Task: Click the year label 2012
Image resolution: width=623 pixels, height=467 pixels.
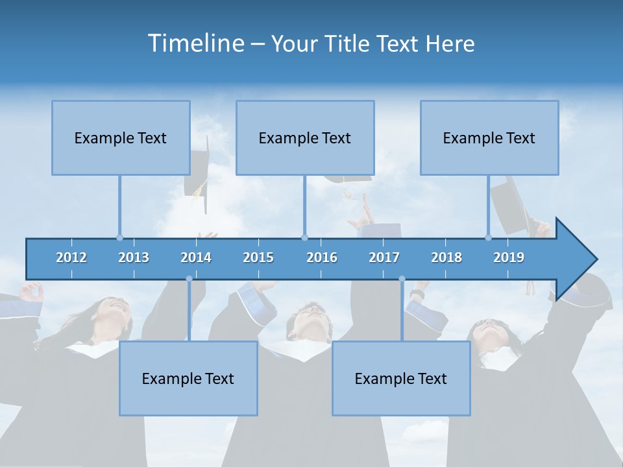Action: [71, 257]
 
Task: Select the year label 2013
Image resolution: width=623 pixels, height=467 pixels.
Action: [134, 257]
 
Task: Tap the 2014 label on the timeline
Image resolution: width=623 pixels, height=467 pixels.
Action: [196, 257]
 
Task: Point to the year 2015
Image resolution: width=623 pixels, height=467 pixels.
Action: [258, 257]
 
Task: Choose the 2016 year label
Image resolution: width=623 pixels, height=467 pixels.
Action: [322, 257]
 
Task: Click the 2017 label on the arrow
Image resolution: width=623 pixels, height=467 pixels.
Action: [384, 257]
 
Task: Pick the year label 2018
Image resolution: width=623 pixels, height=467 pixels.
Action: [446, 257]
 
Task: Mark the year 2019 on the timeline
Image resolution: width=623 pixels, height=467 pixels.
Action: [509, 257]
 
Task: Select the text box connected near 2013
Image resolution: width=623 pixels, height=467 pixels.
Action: [121, 138]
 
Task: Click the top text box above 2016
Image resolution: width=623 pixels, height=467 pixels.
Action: [305, 138]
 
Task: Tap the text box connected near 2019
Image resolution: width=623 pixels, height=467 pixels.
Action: [489, 138]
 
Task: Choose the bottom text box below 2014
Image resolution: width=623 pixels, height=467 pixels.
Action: [188, 378]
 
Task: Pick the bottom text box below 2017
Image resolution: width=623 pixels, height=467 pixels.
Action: [401, 378]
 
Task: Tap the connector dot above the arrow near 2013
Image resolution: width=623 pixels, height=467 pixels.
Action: [119, 237]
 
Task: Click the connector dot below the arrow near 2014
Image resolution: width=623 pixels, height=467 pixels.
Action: [189, 279]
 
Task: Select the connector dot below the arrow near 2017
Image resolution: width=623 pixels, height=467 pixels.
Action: [402, 279]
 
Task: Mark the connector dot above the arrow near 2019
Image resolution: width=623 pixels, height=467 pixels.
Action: [488, 237]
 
